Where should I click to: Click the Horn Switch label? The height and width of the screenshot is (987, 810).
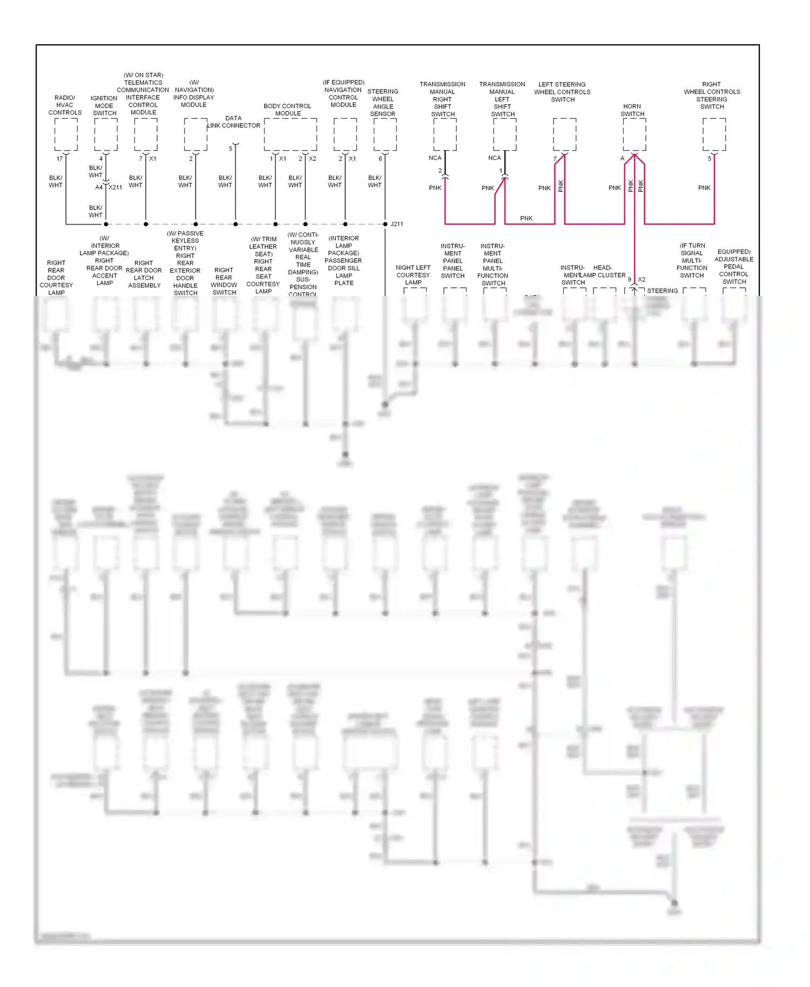point(632,110)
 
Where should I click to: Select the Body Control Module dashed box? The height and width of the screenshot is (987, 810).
point(291,134)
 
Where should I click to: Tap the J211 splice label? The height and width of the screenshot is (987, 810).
point(397,224)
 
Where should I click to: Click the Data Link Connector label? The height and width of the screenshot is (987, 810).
point(234,122)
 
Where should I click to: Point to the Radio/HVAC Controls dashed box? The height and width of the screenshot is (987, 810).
point(66,134)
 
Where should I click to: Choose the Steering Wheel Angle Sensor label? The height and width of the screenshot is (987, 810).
point(383,103)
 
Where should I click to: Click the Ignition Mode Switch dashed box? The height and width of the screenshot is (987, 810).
point(106,134)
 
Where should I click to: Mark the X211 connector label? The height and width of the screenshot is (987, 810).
point(116,187)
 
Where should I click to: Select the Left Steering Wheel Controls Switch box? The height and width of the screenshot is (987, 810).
point(564,134)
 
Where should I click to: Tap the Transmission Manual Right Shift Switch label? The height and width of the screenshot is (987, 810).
point(442,99)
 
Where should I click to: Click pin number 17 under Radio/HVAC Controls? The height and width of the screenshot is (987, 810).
point(60,159)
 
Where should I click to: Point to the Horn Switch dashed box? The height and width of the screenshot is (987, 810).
point(634,134)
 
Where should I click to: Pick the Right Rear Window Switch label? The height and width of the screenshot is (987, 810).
point(224,281)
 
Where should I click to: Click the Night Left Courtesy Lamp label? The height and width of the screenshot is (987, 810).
point(413,275)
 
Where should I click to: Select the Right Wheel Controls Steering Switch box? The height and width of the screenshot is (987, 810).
point(714,134)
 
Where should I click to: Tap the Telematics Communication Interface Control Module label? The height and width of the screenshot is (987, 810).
point(143,94)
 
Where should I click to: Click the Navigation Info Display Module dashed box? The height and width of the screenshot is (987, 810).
point(195,134)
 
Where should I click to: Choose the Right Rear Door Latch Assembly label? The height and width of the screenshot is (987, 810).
point(144,274)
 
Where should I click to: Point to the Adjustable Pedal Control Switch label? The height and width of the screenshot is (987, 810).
point(734,267)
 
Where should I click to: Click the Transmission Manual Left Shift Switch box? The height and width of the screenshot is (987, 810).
point(505,134)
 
